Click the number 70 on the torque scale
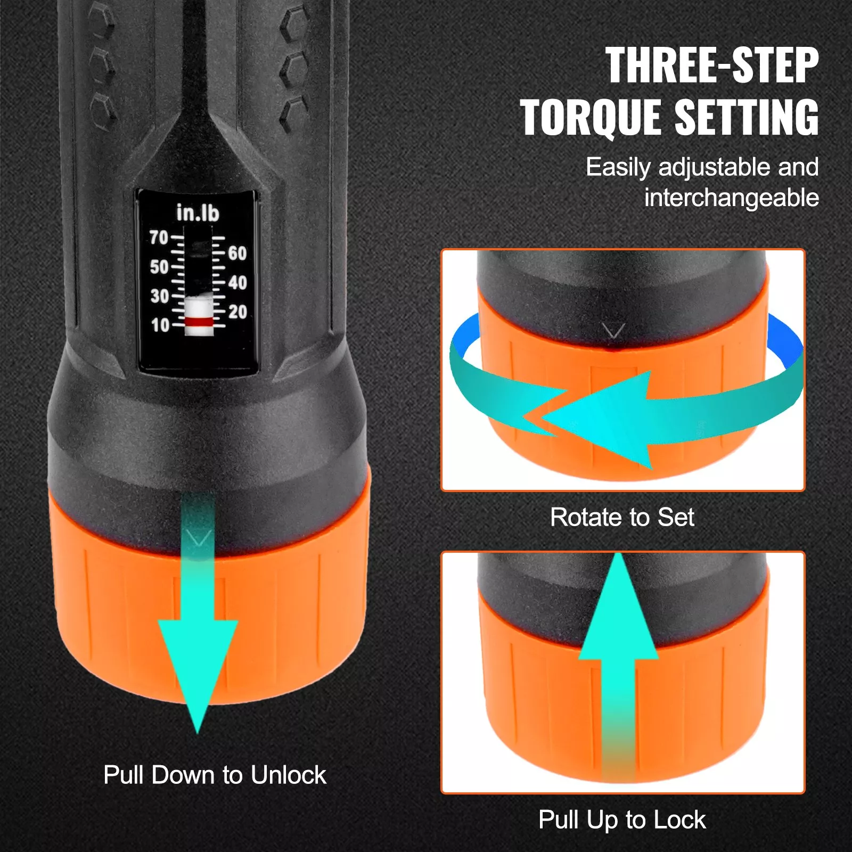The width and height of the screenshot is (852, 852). coord(159,237)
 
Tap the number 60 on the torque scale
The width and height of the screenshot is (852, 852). coord(237,253)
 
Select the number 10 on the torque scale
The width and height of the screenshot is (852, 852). coord(160,325)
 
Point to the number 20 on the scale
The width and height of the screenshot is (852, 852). coord(237,312)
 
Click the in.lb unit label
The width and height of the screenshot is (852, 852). coord(198,213)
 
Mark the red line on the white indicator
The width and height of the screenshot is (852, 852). coord(199,322)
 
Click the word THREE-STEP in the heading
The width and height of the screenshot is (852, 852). coord(711,65)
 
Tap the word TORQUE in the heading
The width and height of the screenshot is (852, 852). coord(590,118)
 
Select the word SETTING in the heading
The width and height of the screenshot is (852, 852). coord(747,118)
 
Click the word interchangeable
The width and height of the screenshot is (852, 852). coord(731,198)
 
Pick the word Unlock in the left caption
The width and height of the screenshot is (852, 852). coord(288,775)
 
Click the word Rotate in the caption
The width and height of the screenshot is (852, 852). coord(585,517)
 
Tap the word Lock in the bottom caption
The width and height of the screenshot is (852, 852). coord(679,820)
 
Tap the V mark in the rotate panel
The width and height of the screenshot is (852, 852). coord(613,331)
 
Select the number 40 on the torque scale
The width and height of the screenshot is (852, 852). coord(237,283)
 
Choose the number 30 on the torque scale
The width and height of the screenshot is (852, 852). coord(159,296)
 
